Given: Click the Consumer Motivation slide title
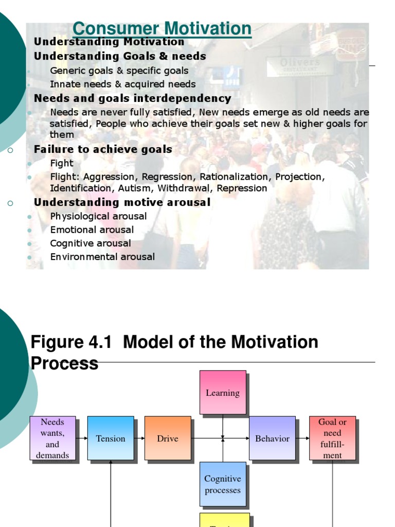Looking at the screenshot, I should tap(162, 29).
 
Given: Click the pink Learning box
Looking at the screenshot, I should tap(223, 393).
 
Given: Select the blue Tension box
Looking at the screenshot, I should tap(111, 438).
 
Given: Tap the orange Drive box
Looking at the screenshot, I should tap(168, 438).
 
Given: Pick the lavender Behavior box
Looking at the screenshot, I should tap(272, 438).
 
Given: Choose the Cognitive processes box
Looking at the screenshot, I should tap(223, 484).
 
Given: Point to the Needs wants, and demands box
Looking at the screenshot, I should tap(52, 438).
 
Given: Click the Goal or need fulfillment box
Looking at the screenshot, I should tap(332, 438).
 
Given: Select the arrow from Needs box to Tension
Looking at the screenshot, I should tap(82, 438).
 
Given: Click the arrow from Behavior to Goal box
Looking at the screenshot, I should tap(302, 438).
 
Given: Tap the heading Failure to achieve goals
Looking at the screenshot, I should tap(103, 149).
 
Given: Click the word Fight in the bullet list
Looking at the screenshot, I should tap(62, 163).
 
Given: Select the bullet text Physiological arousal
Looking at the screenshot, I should tap(98, 216).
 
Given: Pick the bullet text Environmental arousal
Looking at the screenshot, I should tap(102, 256).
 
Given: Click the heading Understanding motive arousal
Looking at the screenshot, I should tap(122, 202).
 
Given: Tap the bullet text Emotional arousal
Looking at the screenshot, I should tap(92, 230).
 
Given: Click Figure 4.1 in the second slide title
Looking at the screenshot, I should tap(71, 342).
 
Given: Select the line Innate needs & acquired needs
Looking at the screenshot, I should tap(123, 84).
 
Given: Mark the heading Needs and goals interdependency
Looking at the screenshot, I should tap(132, 98).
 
